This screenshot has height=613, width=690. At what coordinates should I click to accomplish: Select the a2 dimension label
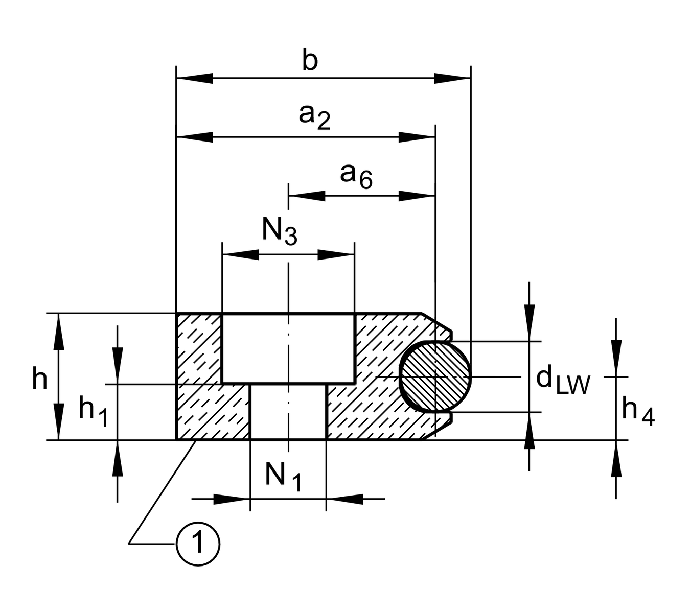(314, 117)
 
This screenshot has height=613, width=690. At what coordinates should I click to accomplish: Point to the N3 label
(279, 232)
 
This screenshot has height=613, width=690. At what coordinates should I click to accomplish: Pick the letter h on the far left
(39, 379)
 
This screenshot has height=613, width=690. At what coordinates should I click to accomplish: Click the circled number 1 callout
(198, 544)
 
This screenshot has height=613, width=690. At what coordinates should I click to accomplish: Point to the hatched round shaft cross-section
(435, 376)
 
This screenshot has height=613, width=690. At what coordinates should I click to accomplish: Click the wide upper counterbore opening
(288, 348)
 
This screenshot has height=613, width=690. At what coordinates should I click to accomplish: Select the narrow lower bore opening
(288, 411)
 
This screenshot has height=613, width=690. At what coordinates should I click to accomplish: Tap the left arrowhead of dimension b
(195, 79)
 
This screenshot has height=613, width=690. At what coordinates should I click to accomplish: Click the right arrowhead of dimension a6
(417, 196)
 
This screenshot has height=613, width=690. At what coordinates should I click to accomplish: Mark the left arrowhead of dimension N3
(240, 254)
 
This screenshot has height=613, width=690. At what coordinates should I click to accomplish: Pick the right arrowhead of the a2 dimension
(417, 137)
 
